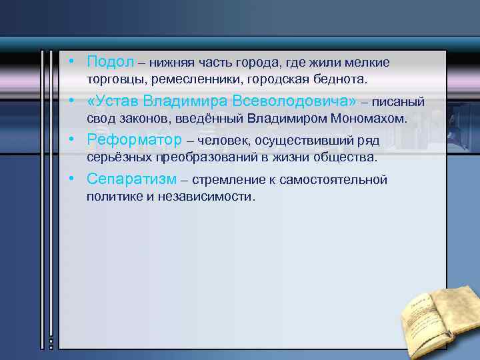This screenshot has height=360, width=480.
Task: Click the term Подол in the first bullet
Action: click(x=110, y=61)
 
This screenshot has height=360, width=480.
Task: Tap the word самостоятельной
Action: click(x=334, y=179)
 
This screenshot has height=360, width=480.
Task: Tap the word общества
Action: click(x=348, y=158)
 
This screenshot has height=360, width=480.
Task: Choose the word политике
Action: click(x=111, y=197)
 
